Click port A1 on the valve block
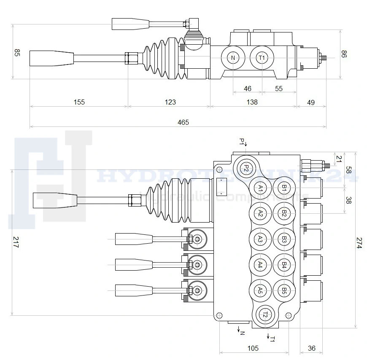pos(261,188)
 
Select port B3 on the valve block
pos(284,239)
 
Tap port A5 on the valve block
pos(261,290)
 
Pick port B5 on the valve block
pos(284,290)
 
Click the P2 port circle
pos(247,168)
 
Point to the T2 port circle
pos(265,314)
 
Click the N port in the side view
pos(233,58)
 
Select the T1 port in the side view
pos(262,58)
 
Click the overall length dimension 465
pos(183,122)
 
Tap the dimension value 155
pos(79,102)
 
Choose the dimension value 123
pos(170,102)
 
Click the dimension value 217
pos(16,242)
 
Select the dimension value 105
pos(253,348)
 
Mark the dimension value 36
pos(312,348)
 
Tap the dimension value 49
pos(311,102)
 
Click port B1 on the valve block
pos(284,188)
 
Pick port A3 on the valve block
pos(261,239)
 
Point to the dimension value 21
pos(338,159)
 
